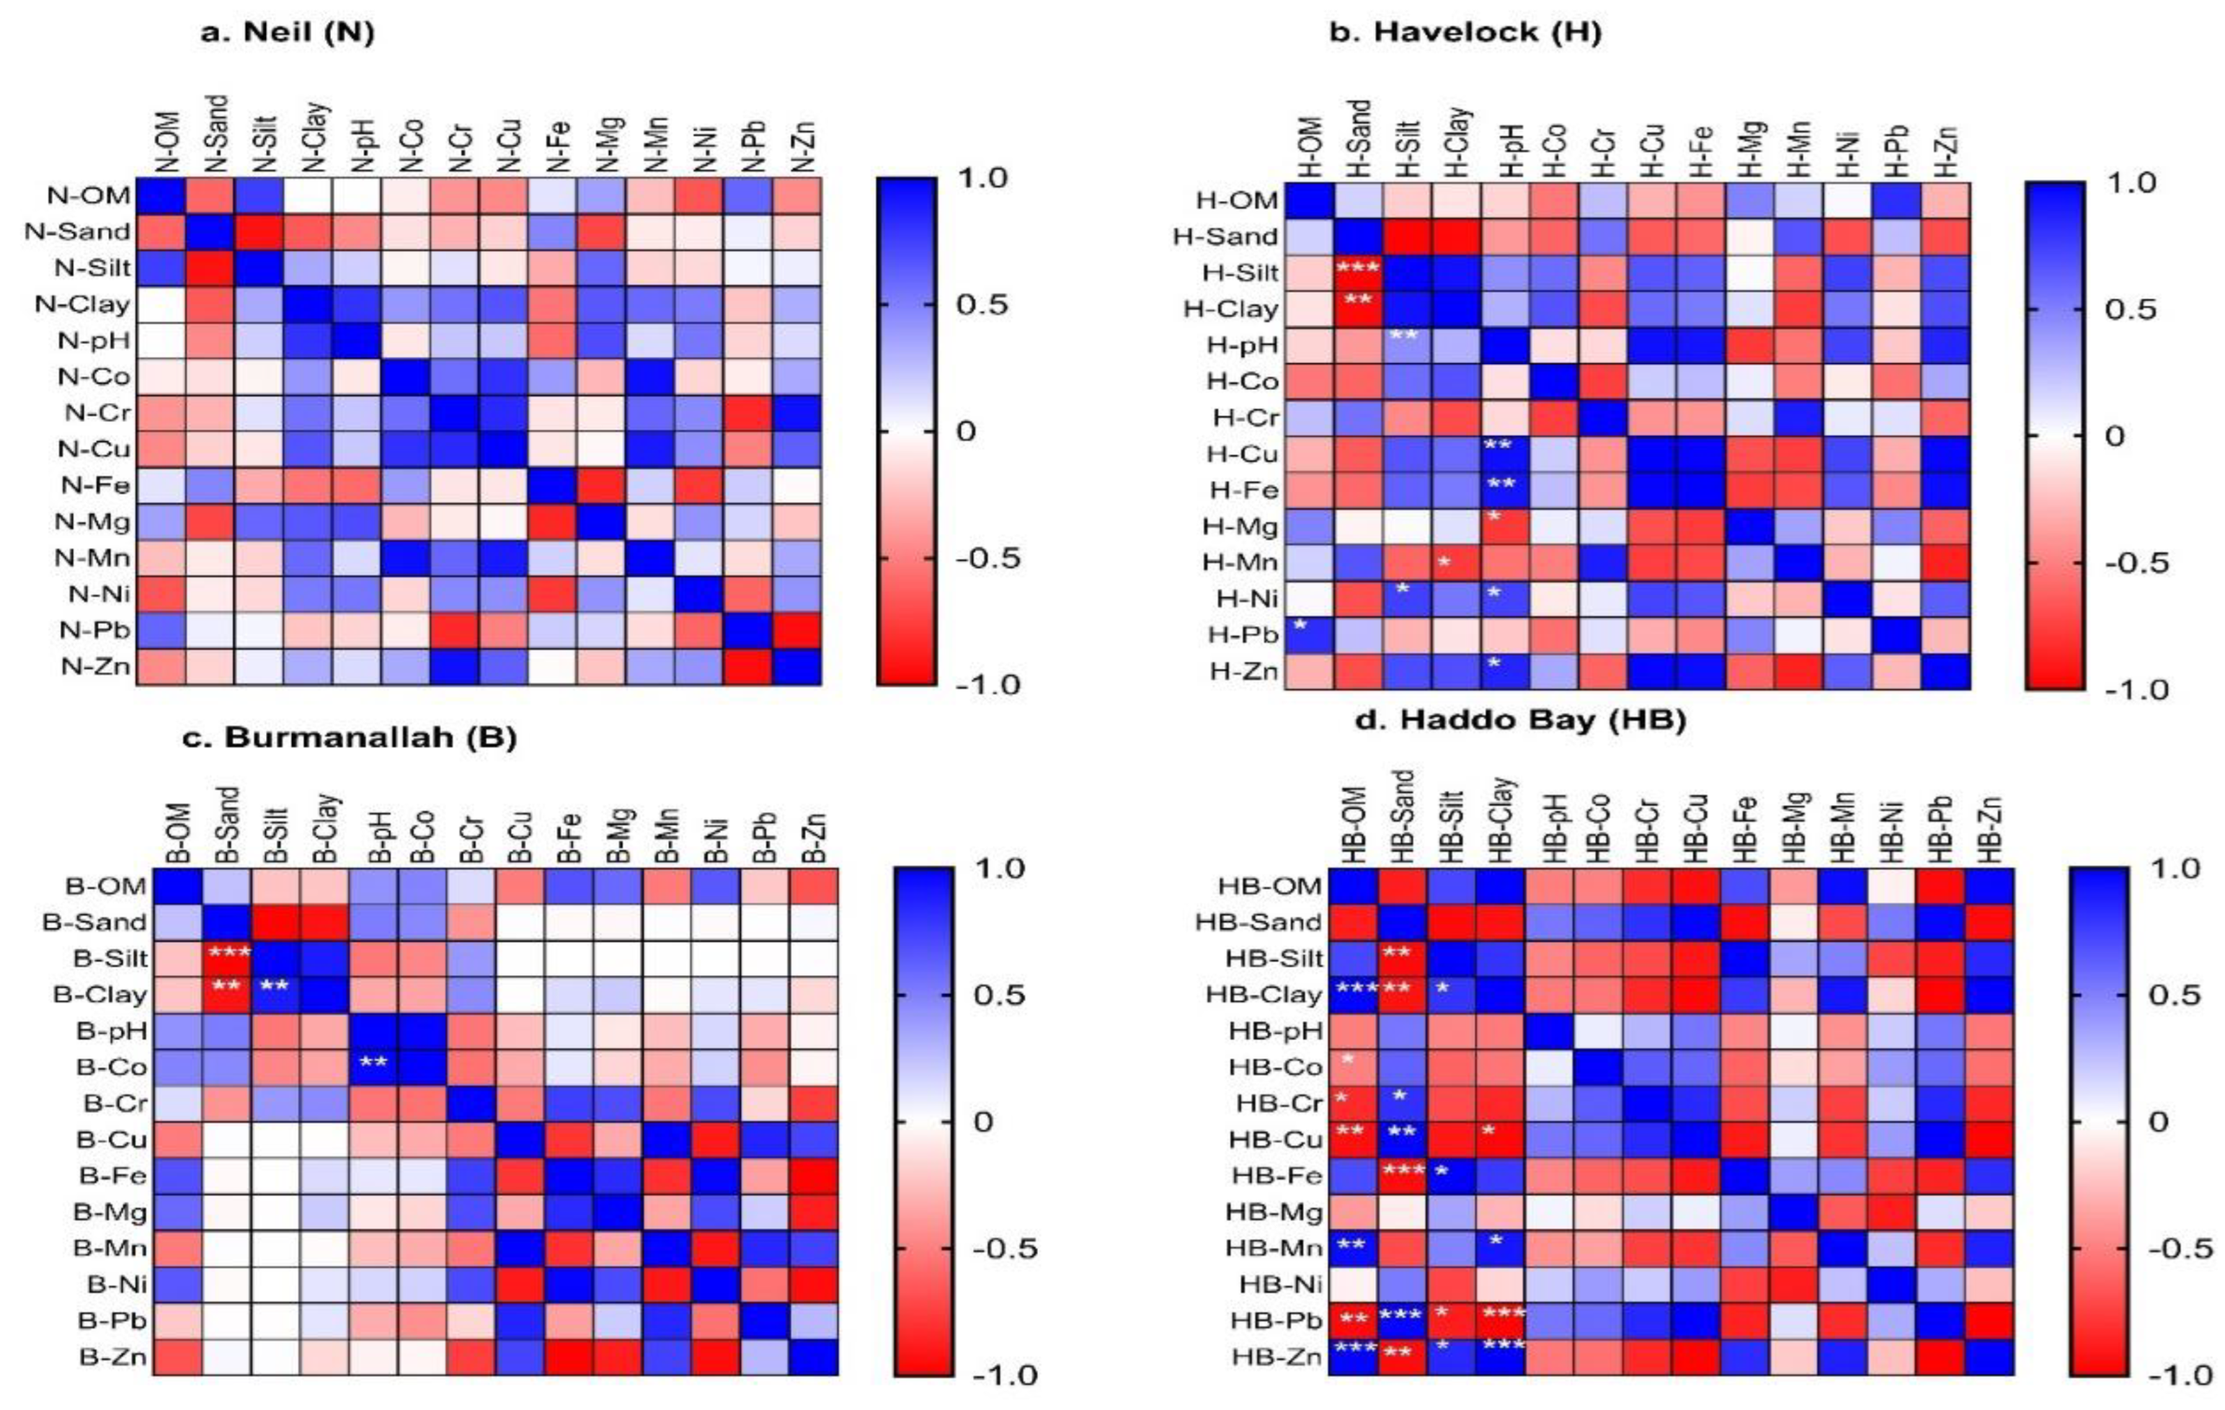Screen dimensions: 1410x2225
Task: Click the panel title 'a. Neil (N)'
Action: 288,32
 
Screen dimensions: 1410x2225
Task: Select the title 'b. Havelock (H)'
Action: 1465,32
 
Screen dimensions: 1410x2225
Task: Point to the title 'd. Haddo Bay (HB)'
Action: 1520,720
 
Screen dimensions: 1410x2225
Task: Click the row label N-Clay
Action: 81,304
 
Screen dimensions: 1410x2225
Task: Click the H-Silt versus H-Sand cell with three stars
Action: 1359,272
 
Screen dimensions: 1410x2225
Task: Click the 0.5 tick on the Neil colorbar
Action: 980,305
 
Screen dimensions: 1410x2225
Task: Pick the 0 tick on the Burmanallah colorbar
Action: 983,1122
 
